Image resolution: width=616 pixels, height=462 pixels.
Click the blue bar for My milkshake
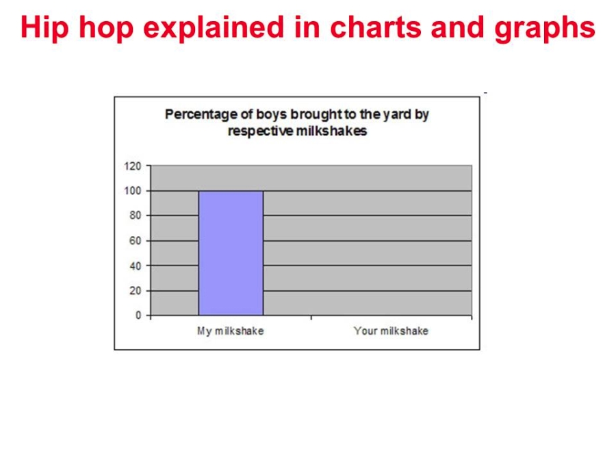click(x=231, y=253)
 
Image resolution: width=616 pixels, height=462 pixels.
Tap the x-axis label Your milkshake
click(x=391, y=331)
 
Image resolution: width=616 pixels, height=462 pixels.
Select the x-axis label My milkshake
click(x=231, y=331)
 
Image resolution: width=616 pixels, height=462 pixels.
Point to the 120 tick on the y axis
click(x=133, y=166)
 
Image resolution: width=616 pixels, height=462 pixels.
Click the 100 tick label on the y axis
click(x=133, y=191)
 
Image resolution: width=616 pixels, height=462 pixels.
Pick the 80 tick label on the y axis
click(x=135, y=216)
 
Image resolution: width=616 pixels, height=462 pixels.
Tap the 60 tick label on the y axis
click(x=135, y=240)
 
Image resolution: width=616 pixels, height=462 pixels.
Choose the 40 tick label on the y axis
click(x=135, y=266)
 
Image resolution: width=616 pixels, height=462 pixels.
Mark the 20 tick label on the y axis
click(x=135, y=291)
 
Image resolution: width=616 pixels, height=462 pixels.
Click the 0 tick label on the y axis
click(x=138, y=315)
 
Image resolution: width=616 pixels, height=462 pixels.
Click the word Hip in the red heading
click(x=44, y=28)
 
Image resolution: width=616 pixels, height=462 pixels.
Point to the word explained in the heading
click(x=214, y=28)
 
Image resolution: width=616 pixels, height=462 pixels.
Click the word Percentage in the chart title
click(x=201, y=115)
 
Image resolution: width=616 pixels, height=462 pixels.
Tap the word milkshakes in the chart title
click(x=331, y=131)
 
